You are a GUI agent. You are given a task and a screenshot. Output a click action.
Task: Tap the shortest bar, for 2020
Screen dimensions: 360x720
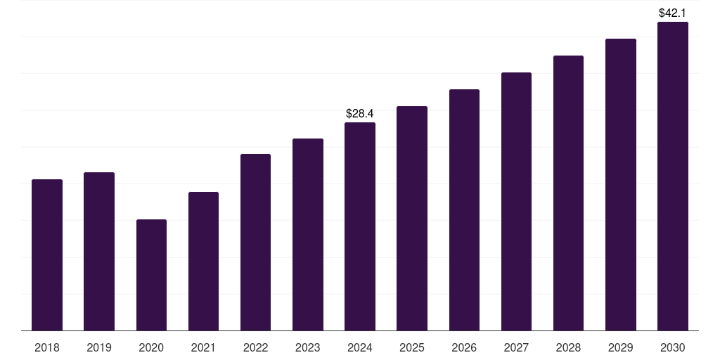(151, 275)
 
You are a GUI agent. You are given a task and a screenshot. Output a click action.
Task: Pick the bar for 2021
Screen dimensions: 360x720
(203, 261)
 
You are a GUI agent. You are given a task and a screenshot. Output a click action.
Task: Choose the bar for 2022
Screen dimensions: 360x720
(255, 242)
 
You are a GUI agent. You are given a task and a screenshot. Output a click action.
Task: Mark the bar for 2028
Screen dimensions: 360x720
(568, 193)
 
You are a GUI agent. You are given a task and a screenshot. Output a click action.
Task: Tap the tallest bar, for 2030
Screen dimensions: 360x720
(673, 176)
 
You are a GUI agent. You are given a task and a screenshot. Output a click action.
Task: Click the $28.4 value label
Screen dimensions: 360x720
(360, 113)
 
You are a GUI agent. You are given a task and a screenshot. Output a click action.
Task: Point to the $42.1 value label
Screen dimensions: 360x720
(672, 13)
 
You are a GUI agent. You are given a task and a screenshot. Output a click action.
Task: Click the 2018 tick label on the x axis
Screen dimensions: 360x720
(47, 347)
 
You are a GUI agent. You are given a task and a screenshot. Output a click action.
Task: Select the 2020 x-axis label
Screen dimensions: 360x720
(151, 347)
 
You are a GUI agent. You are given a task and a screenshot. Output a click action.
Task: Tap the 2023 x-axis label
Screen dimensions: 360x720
(308, 347)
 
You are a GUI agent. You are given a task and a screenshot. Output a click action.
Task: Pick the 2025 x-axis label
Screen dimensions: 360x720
(412, 347)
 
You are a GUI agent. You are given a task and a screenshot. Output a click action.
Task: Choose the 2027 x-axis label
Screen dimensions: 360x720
(516, 347)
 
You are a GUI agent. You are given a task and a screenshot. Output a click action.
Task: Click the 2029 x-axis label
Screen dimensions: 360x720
(620, 347)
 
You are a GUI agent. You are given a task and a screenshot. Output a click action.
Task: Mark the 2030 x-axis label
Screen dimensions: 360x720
(673, 347)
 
